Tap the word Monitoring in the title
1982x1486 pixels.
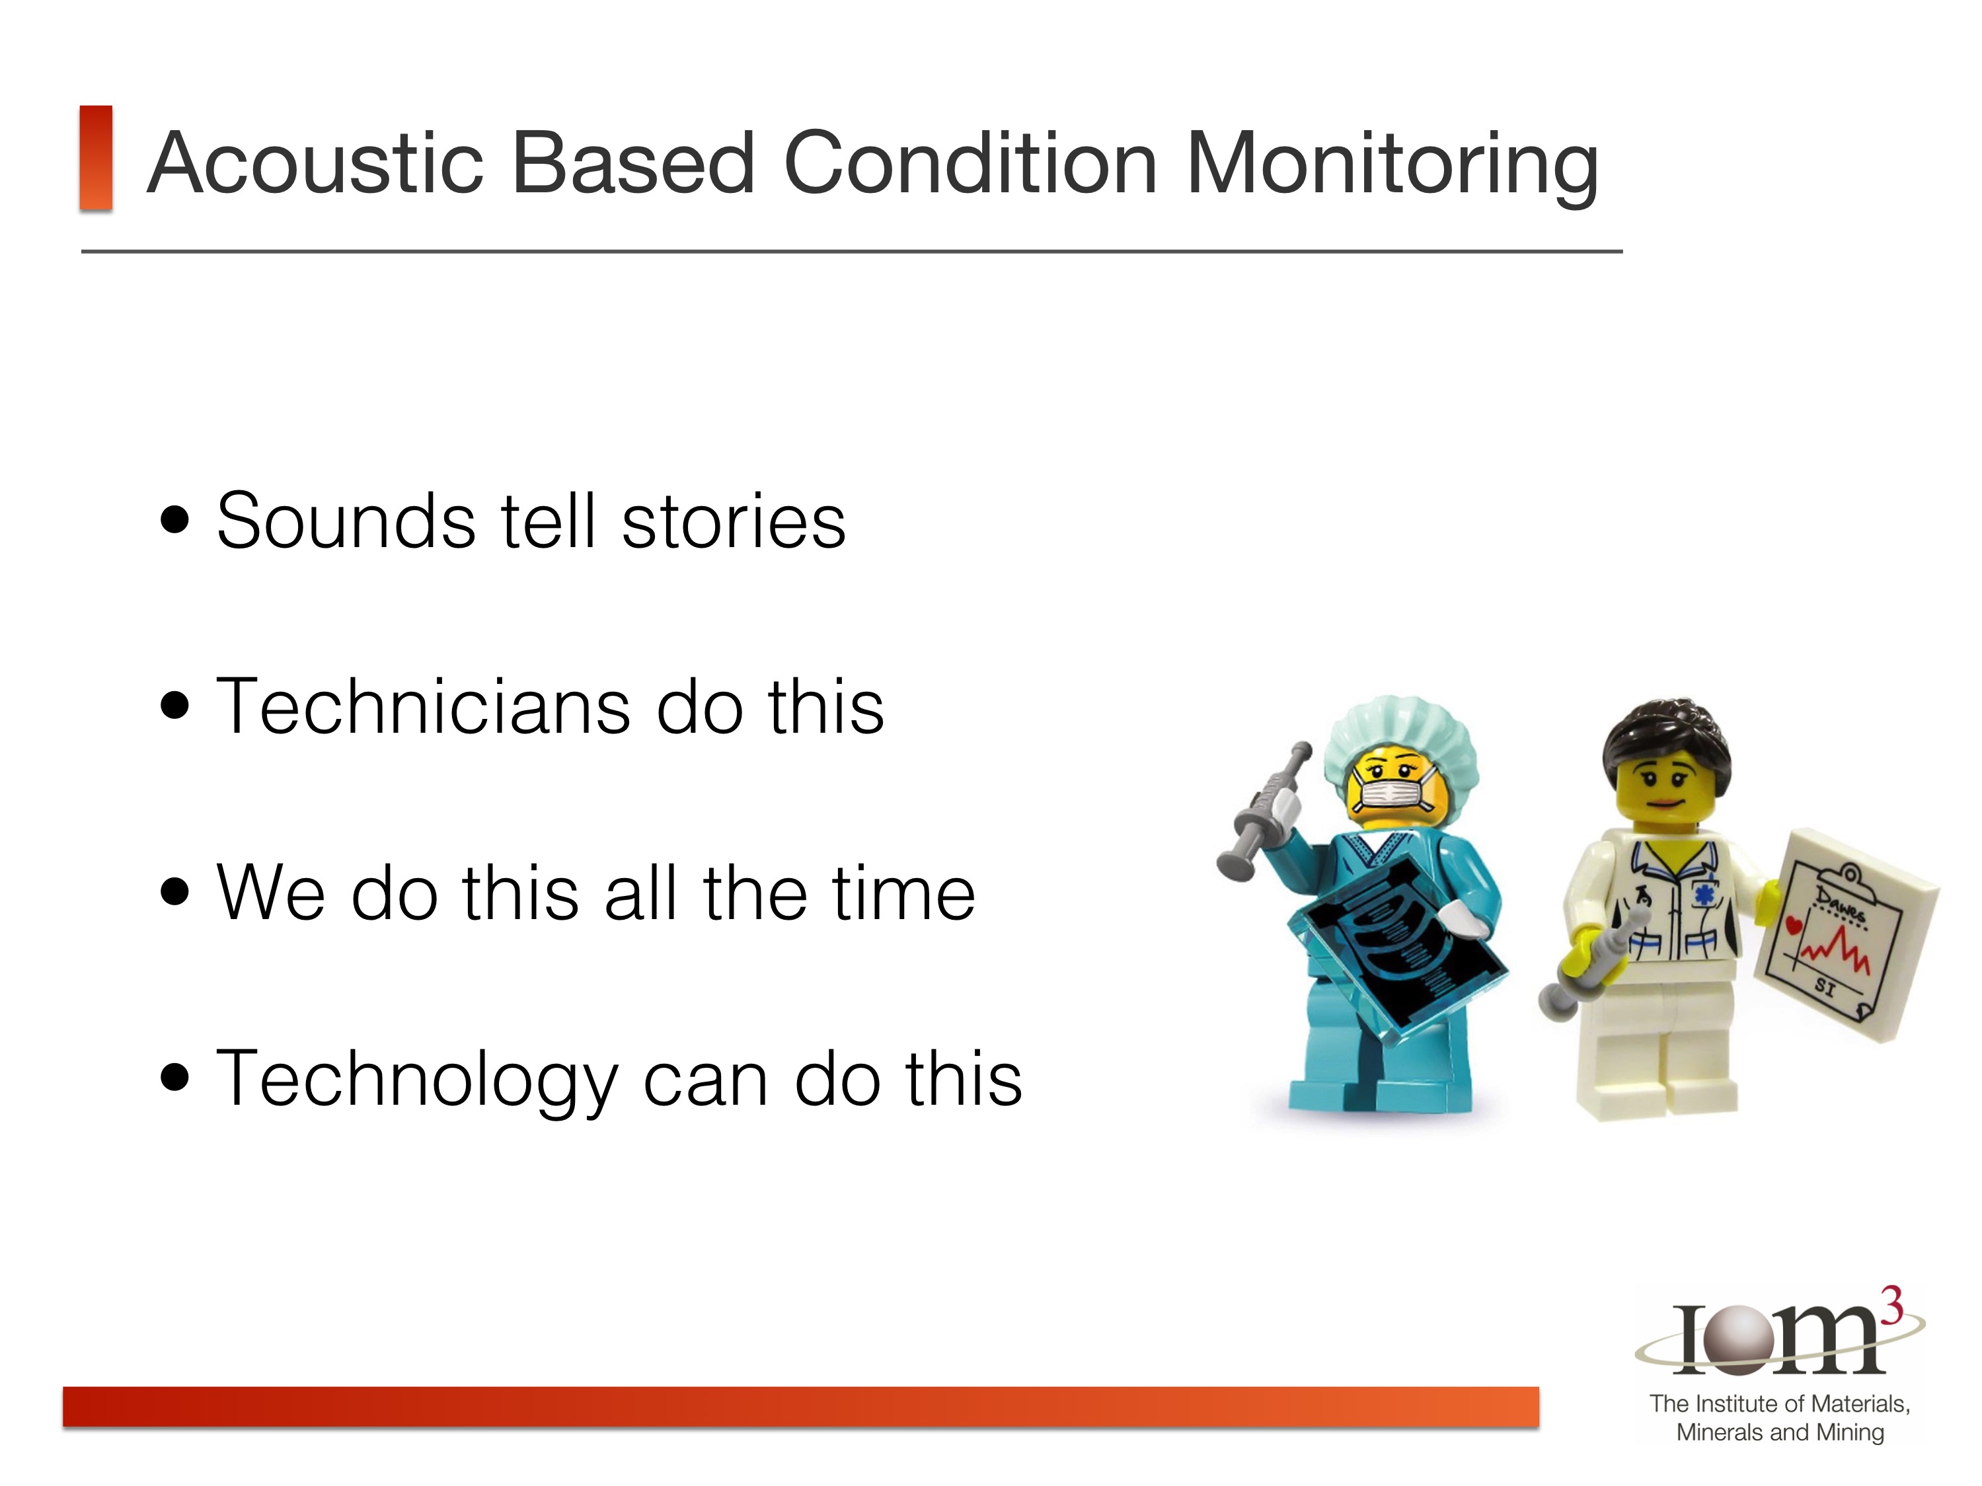coord(1392,167)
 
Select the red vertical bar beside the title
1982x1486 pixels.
coord(96,158)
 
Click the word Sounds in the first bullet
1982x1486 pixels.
coord(346,521)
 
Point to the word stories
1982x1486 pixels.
coord(733,521)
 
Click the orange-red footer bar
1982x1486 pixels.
coord(801,1406)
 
